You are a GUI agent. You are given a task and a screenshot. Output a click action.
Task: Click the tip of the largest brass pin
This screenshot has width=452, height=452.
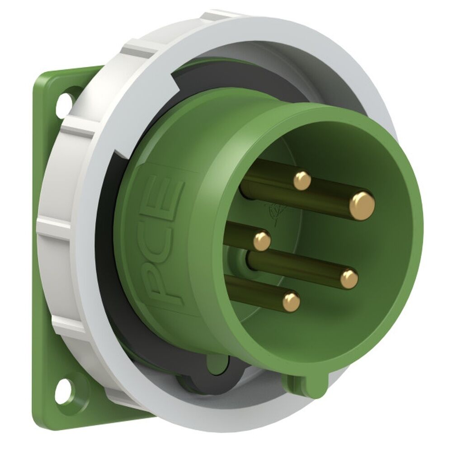tap(362, 205)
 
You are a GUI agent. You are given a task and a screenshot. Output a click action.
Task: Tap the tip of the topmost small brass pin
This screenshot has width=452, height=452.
tap(302, 181)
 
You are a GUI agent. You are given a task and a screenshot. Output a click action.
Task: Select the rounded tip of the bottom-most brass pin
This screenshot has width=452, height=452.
tap(291, 301)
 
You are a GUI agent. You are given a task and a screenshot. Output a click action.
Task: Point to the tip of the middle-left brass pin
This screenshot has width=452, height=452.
tap(262, 240)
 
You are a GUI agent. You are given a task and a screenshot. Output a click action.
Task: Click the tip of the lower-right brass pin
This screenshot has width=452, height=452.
tap(349, 278)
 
